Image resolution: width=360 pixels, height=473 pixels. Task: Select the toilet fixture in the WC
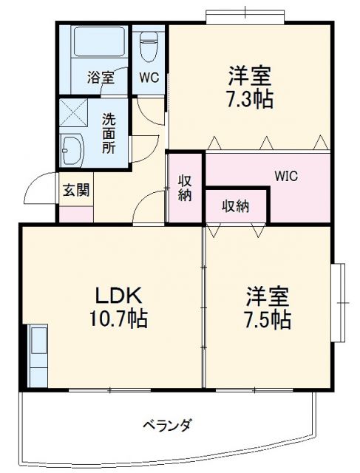point(149,47)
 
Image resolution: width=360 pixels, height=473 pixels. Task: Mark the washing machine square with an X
point(74,112)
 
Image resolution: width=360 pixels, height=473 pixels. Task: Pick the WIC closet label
point(288,177)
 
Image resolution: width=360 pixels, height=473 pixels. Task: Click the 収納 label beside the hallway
point(185,188)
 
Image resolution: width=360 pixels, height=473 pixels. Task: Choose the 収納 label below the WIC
point(236,205)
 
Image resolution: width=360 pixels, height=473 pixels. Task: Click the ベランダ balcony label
point(167,425)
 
